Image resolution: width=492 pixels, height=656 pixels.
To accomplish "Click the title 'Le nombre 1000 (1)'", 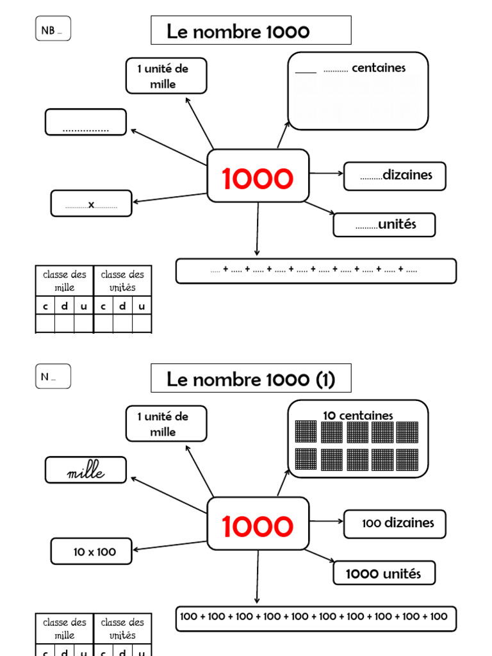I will pos(250,379).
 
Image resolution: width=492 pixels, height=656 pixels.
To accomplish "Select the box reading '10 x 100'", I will pos(92,552).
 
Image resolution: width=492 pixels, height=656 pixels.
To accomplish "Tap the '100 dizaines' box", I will pos(395,523).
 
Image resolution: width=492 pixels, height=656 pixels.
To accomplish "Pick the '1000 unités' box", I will pos(384,573).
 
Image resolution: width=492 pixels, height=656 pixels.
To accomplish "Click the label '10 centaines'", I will pos(357,416).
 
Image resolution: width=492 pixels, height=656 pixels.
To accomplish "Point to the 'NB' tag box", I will pos(53,29).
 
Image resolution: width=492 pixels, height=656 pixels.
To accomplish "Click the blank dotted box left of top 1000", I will pos(86,122).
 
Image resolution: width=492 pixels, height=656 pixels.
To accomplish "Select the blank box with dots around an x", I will pos(91,204).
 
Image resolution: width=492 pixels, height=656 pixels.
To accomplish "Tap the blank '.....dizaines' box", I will pos(395,176).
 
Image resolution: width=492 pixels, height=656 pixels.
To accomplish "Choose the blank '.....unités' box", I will pos(384,225).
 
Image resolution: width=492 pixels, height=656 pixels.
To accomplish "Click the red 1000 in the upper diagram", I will pos(258,179).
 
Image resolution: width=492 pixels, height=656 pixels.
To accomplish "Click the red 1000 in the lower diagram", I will pos(258,527).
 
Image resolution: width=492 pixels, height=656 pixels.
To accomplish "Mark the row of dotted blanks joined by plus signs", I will pos(316,271).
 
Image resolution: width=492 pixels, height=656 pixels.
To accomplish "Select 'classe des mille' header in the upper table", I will pos(64,281).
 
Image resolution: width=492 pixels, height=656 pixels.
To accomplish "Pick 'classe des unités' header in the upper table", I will pos(122,281).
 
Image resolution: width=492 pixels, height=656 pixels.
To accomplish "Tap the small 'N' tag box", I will pos(53,377).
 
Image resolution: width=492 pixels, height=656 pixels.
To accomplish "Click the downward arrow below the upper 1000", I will pos(258,231).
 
